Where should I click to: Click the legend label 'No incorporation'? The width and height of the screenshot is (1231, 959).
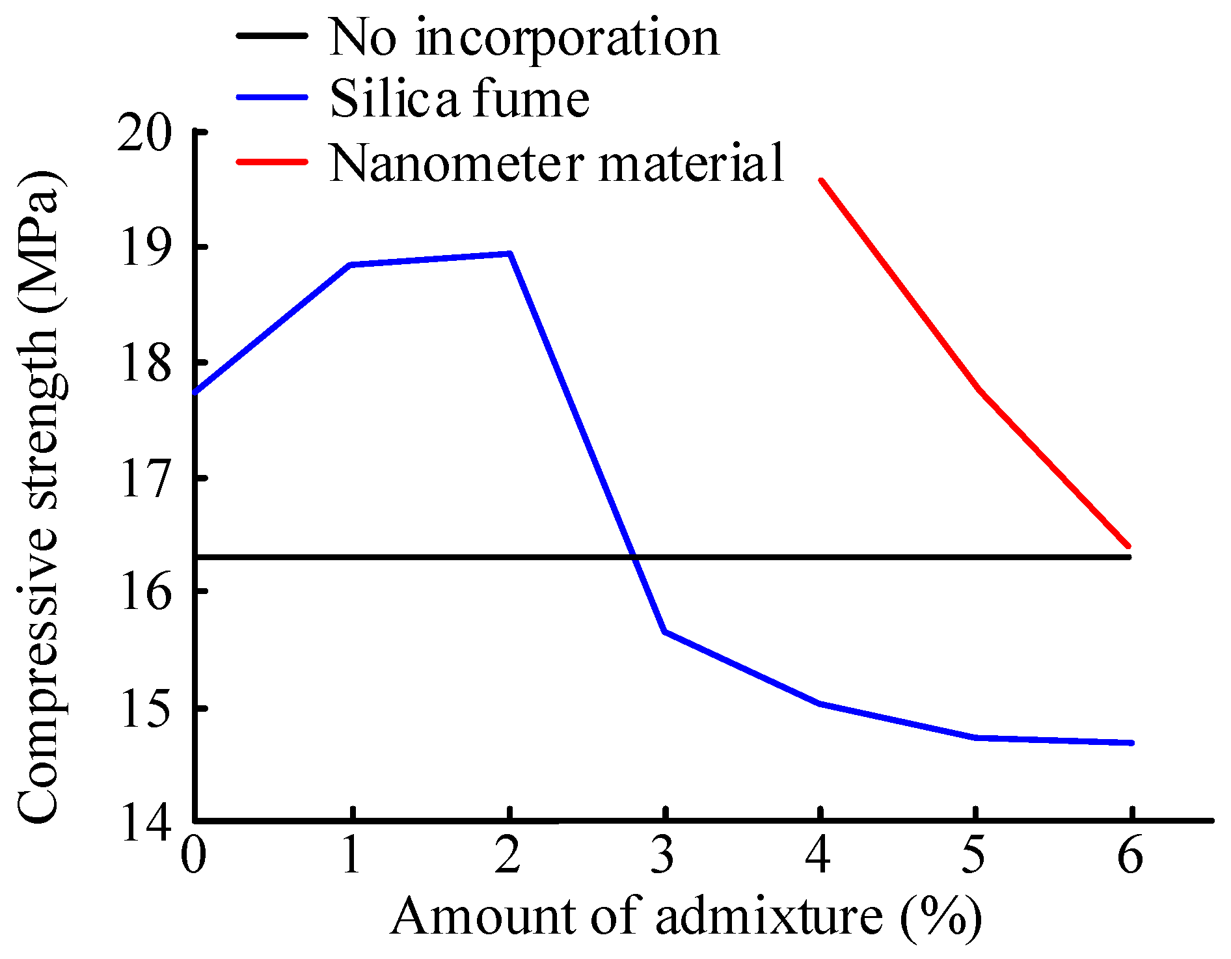point(524,37)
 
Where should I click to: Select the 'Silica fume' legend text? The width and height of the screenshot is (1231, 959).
point(459,99)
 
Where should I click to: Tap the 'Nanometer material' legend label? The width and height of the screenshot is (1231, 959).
point(557,163)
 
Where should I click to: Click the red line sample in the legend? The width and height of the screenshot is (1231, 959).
point(272,161)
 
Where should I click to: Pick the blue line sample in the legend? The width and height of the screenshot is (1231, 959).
point(272,98)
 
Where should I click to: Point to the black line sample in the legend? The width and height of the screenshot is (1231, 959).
point(272,36)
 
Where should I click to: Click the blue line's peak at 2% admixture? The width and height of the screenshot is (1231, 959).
point(510,254)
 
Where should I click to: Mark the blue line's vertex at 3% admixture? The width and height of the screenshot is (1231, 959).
point(664,631)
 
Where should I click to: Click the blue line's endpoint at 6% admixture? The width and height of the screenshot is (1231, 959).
point(1131,742)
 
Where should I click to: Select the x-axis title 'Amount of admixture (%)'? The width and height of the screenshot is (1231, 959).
point(686,916)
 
